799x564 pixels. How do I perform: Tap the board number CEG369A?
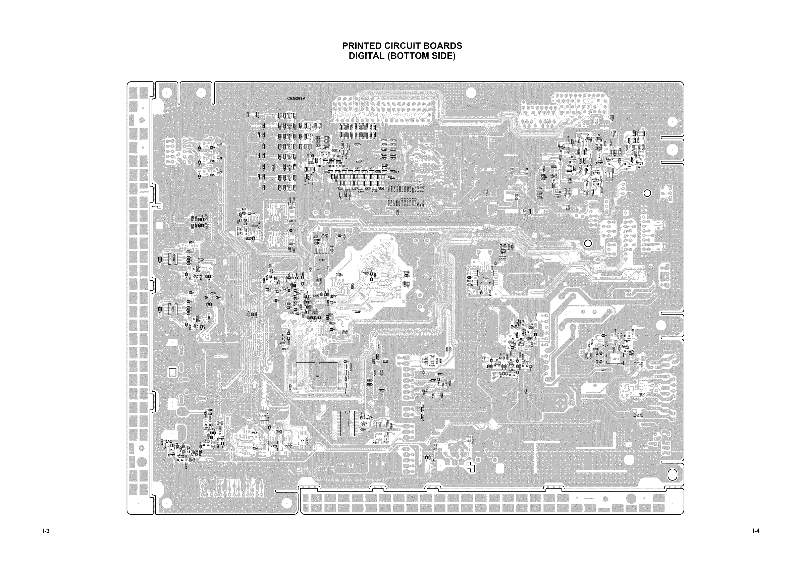[296, 99]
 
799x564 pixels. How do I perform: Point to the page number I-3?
[46, 531]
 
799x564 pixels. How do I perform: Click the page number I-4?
[755, 531]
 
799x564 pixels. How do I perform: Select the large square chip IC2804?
[317, 376]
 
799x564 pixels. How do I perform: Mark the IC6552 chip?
[274, 446]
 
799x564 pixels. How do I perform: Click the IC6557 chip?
[287, 446]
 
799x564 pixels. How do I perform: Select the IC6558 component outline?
[303, 441]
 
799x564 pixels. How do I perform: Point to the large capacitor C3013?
[615, 359]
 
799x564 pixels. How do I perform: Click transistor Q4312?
[171, 453]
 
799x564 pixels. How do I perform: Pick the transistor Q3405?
[511, 342]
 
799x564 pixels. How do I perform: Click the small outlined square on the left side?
[172, 372]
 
